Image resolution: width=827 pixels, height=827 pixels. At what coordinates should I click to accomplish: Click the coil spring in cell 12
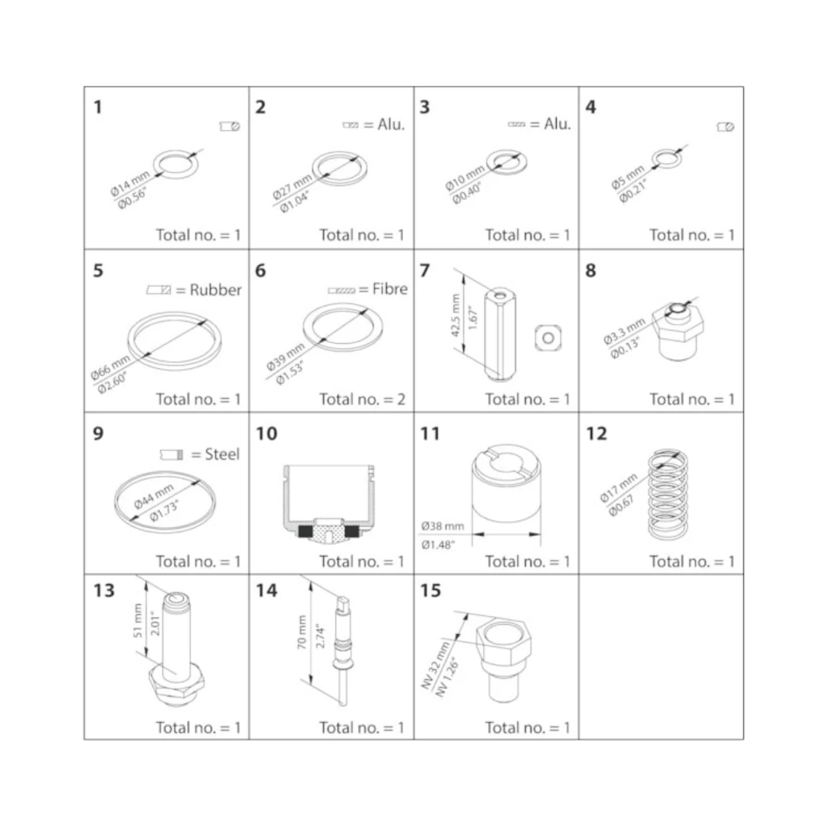coord(668,495)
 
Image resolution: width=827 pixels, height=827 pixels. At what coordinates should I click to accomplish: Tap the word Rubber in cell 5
coord(216,290)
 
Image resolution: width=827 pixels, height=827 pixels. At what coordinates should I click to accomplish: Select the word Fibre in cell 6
coord(391,289)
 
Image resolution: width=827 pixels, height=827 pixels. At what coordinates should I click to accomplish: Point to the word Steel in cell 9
coord(222,454)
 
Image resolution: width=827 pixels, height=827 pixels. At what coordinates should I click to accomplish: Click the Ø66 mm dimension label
coord(110,367)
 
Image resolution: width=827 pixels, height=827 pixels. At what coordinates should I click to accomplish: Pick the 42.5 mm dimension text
coord(456,315)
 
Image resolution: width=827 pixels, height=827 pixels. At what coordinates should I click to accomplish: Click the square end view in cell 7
coord(548,338)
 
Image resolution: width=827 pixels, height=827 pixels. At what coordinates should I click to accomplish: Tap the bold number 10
coord(266,433)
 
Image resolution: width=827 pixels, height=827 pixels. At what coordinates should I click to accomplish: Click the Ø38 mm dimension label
coord(443,526)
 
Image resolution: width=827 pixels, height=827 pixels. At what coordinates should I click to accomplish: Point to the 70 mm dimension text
coord(302,632)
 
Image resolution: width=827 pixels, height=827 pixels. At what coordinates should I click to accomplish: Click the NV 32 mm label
coord(436,665)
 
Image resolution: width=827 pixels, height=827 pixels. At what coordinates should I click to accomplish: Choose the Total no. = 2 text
coord(362,399)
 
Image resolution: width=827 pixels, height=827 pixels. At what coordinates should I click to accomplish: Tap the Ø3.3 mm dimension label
coord(624,332)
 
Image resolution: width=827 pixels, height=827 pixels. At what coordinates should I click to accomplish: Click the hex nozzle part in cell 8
coord(678,332)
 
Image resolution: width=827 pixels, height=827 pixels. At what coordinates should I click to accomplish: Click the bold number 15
coord(430,590)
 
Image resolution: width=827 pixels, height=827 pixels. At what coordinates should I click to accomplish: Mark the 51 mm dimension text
coord(138,620)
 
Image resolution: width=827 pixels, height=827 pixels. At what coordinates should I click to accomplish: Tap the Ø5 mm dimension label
coord(628,177)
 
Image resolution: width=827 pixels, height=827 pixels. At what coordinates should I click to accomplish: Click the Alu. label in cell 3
coord(557,124)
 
